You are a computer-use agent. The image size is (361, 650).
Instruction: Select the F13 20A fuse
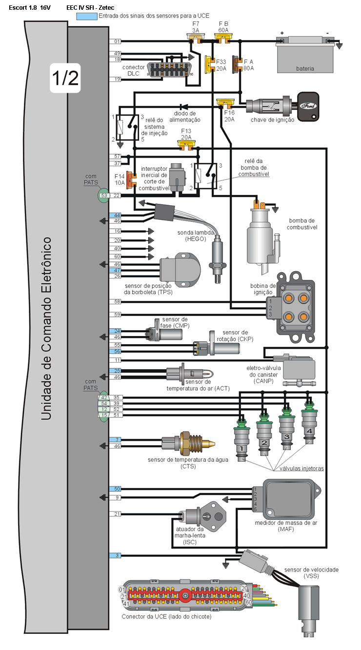pos(186,143)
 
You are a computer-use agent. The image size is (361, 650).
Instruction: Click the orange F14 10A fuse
pos(131,179)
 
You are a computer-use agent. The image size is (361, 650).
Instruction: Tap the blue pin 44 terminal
pos(117,215)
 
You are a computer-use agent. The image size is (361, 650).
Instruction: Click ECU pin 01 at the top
pos(117,41)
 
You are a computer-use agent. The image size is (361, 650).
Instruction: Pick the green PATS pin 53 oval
pos(103,196)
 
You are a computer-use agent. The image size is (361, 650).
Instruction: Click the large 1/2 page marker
pos(65,78)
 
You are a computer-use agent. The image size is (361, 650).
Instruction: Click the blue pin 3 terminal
pos(117,555)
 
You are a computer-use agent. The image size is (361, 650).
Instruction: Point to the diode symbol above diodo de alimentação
pos(184,106)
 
